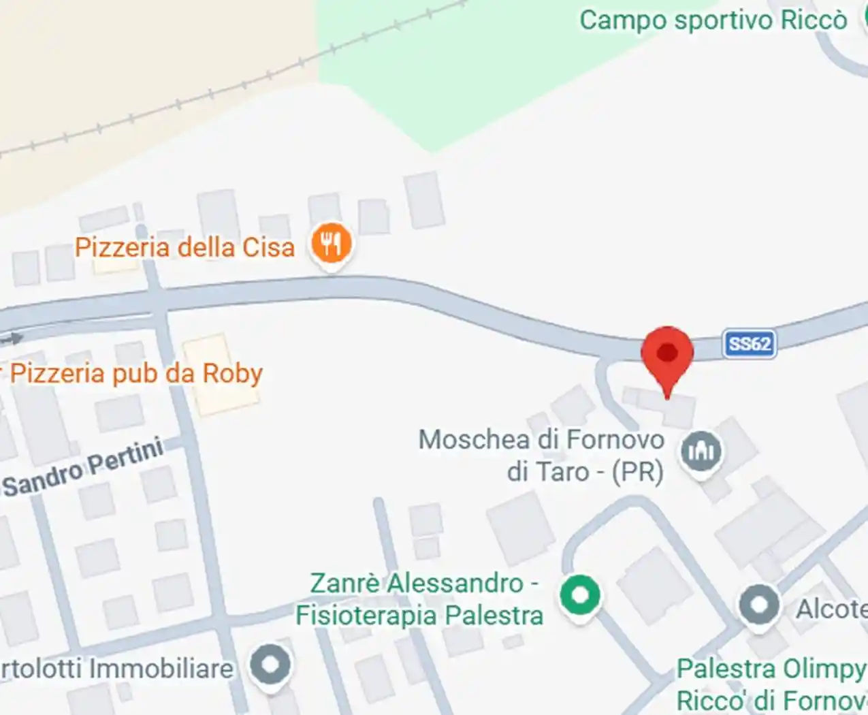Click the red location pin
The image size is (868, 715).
point(667,354)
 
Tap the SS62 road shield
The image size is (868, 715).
point(750,343)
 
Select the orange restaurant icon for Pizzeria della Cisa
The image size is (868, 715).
point(331,243)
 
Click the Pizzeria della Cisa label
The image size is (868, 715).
point(184,247)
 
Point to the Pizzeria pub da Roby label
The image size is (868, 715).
point(135,374)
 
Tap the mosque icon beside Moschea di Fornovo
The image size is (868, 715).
point(701,451)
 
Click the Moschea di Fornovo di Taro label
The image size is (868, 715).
point(541,455)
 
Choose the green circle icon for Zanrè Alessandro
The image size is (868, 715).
point(580,594)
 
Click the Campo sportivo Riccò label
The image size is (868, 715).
point(713,20)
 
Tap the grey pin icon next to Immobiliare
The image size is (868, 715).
point(270,665)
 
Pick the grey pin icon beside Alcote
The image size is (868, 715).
point(758,605)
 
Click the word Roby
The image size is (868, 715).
point(232,374)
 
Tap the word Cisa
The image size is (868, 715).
point(268,247)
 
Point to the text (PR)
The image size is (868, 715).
point(637,472)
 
